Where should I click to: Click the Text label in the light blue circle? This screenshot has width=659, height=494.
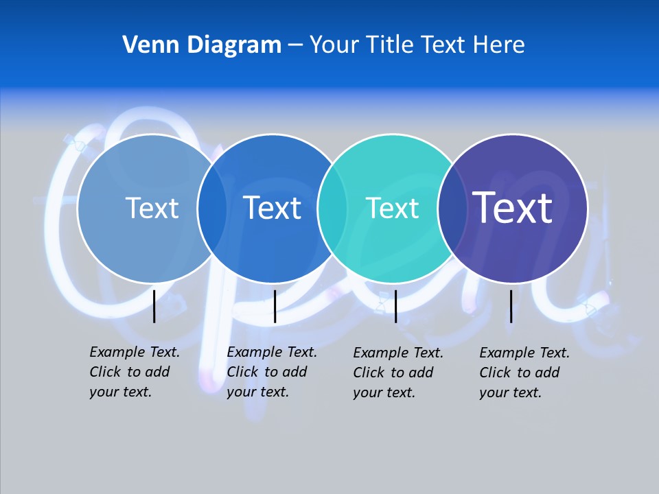152,208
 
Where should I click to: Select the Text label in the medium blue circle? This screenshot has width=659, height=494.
273,208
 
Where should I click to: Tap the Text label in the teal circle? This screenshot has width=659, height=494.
392,208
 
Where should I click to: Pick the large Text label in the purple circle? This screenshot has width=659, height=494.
513,207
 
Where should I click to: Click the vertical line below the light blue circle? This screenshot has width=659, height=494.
154,306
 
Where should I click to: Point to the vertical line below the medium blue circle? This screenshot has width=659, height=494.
275,306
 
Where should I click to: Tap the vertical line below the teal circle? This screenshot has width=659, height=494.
395,306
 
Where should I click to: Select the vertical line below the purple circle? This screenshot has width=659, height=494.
511,306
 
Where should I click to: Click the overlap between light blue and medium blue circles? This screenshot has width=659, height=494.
212,208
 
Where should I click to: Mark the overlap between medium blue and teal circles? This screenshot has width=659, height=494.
332,208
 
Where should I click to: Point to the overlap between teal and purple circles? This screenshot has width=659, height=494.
452,208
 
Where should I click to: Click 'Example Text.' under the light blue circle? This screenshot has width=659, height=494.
135,352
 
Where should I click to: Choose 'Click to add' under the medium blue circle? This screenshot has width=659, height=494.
267,372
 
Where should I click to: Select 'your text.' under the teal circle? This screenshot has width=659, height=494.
384,392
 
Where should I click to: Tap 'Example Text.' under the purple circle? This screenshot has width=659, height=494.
524,353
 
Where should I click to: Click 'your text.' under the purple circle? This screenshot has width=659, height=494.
511,392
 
